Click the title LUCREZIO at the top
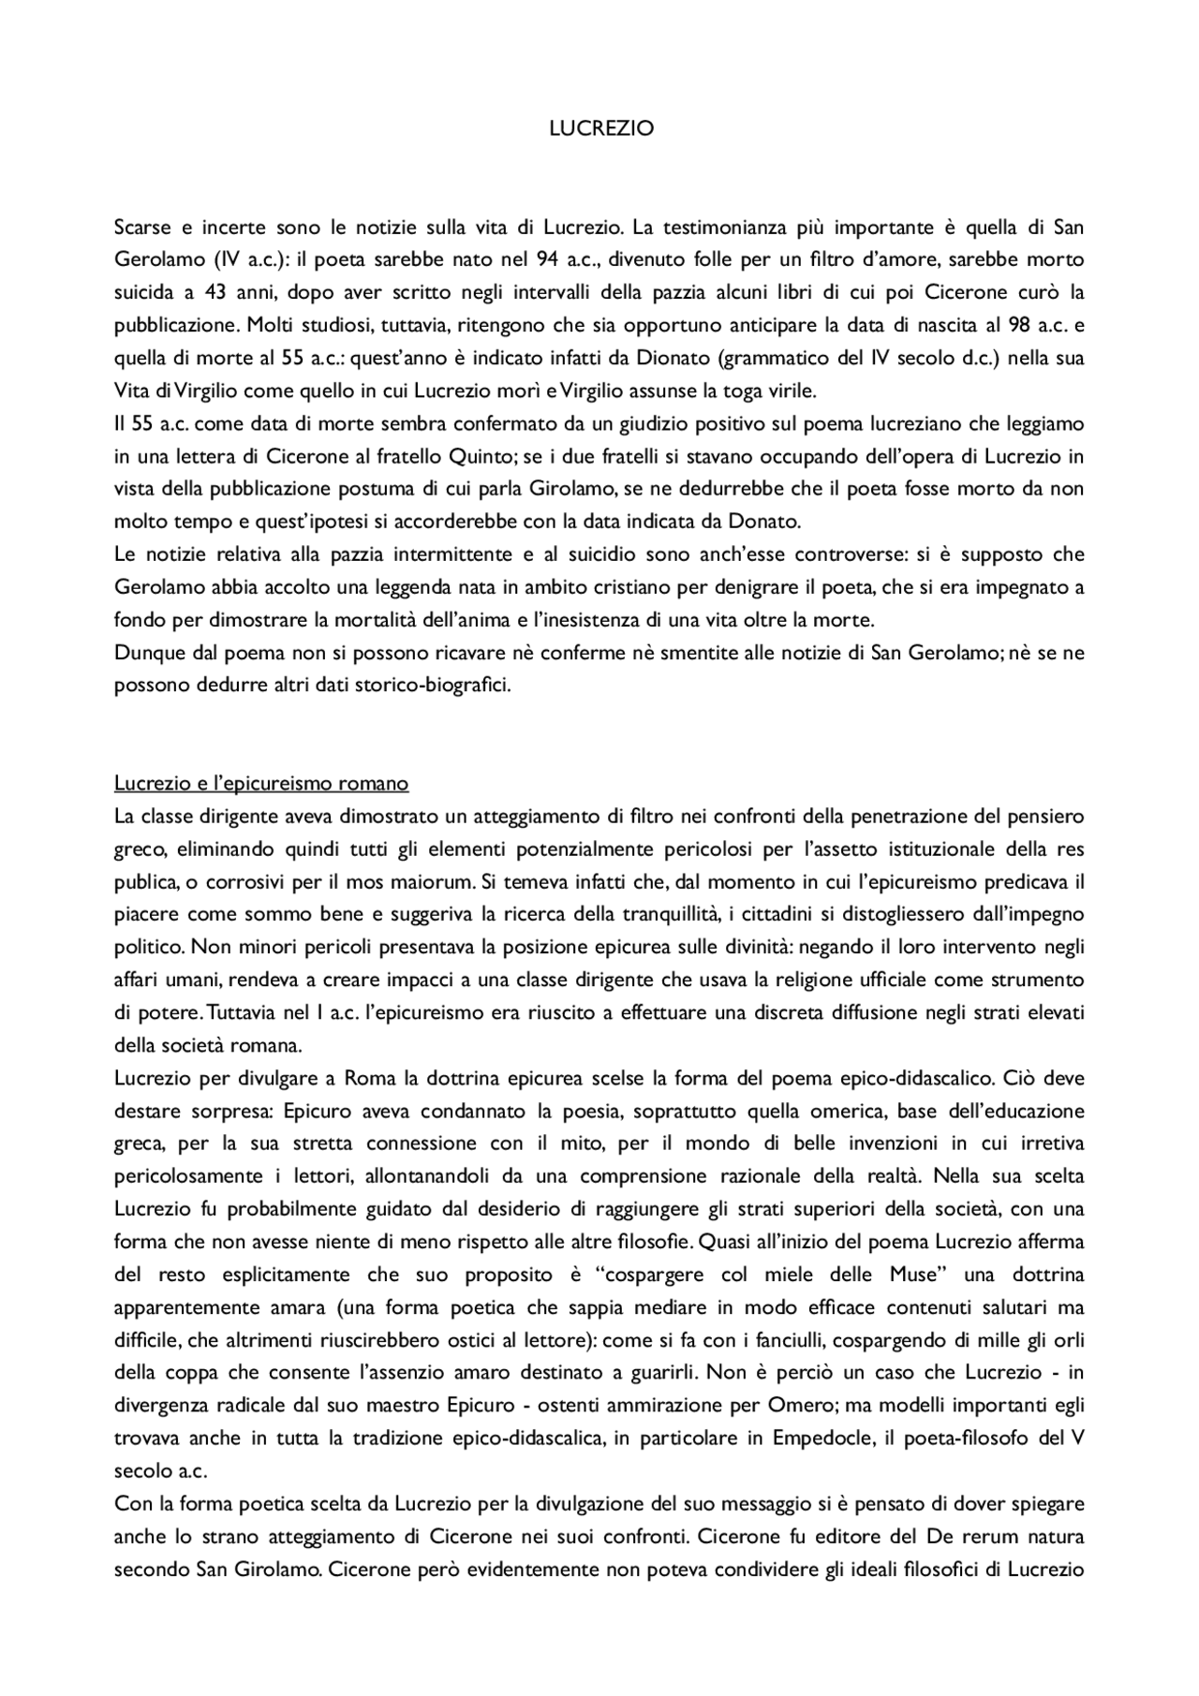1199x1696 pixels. pos(600,129)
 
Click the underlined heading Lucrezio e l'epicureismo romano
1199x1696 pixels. pos(261,783)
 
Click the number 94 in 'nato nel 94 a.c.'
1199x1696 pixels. pos(548,259)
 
